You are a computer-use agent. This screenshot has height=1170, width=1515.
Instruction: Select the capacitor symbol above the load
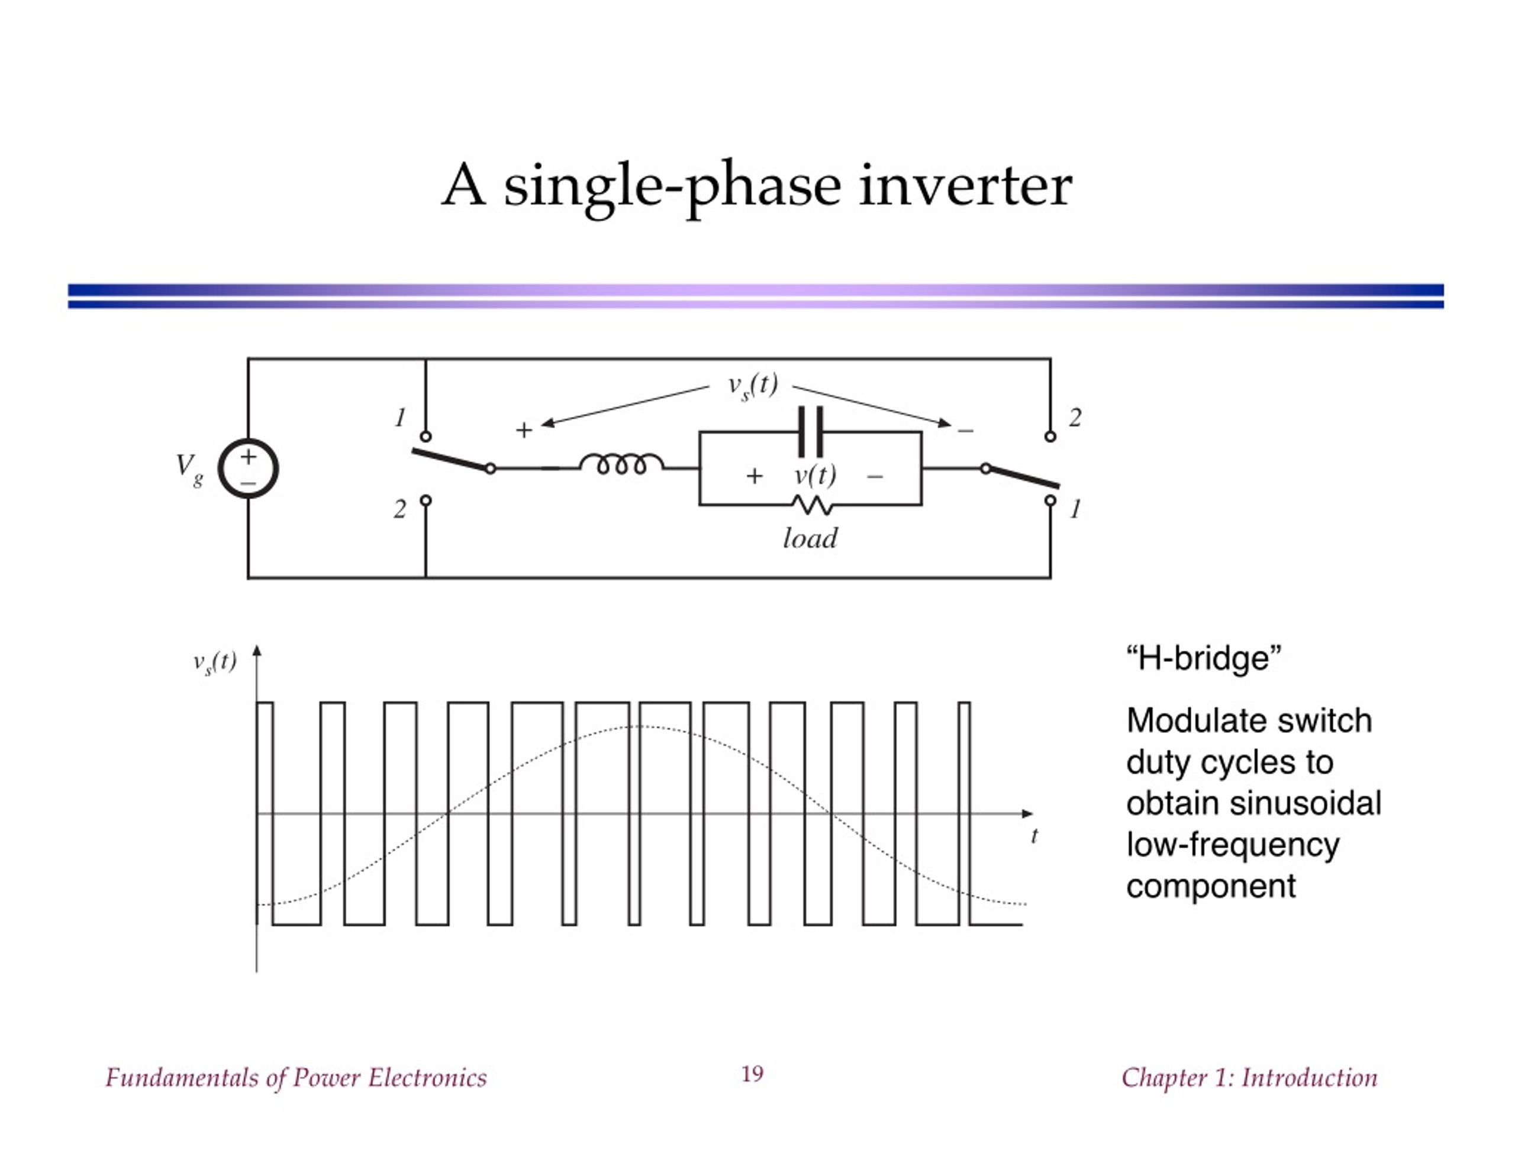point(810,431)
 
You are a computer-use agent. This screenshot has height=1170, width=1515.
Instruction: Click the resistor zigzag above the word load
point(811,505)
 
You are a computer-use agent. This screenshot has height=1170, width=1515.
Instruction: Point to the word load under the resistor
point(810,539)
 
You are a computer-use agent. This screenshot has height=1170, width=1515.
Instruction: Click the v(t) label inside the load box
point(815,476)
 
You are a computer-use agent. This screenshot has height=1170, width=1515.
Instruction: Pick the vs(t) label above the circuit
point(753,386)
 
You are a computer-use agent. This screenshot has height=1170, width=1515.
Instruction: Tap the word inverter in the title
point(966,186)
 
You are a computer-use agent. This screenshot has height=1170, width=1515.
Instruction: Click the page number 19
point(753,1074)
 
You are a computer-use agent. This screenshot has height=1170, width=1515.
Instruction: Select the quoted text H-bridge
point(1204,658)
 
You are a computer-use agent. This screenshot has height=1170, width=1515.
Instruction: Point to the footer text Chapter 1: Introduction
point(1249,1077)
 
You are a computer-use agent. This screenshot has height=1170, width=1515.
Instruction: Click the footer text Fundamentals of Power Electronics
point(296,1077)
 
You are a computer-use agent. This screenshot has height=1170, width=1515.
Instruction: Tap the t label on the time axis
point(1034,836)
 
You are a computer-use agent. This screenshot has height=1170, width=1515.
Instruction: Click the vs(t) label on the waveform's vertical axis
point(214,663)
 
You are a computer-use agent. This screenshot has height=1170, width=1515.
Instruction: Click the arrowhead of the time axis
point(1028,813)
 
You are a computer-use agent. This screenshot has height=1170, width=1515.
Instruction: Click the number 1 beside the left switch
point(400,418)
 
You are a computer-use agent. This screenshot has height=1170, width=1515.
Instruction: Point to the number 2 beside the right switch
point(1075,418)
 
